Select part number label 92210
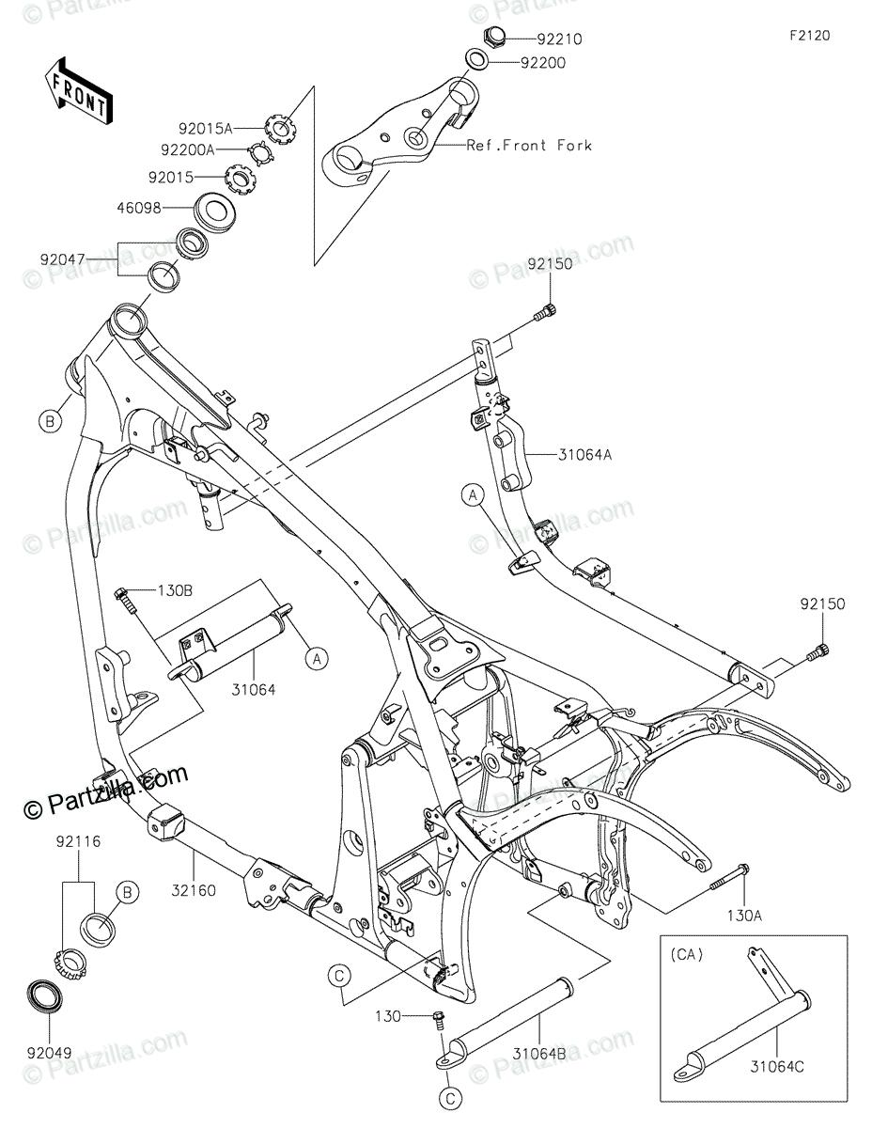point(559,39)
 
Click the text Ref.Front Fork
point(531,145)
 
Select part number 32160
point(194,889)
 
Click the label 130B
point(174,590)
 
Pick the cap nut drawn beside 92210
point(491,38)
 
